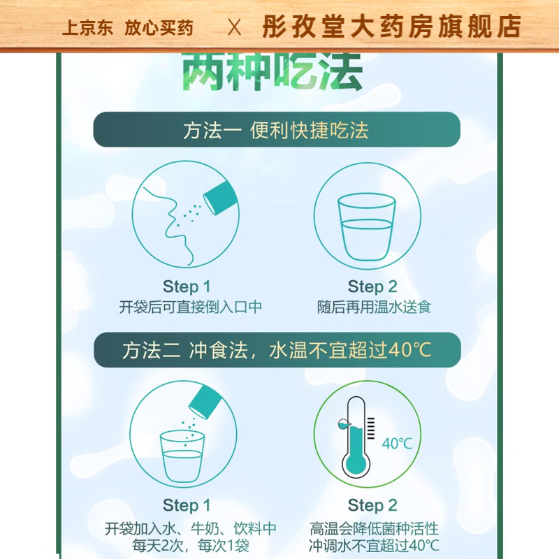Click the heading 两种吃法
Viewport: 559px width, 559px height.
point(273,72)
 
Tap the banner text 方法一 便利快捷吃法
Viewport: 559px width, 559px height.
point(276,131)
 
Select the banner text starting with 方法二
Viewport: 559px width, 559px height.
point(277,350)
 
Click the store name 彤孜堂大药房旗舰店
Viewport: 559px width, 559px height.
point(391,27)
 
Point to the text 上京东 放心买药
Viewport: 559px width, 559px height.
point(127,28)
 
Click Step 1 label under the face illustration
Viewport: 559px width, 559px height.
point(186,286)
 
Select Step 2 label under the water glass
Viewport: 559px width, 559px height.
point(372,286)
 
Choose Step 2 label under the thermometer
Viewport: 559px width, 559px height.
point(372,505)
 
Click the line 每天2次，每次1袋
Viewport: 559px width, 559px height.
point(186,545)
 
